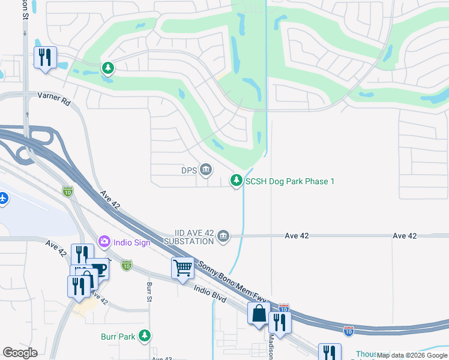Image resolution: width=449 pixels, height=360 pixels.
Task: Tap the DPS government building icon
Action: coord(206,170)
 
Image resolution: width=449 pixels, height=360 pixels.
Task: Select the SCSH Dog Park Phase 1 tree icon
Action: coord(237,180)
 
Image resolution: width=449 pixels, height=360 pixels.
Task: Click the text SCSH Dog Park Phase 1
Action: coord(289,181)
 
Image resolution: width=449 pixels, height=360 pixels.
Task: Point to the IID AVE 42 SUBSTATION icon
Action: coord(223,236)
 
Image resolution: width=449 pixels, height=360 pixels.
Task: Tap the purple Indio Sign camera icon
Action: coord(104,241)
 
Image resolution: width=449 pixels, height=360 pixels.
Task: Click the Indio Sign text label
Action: coord(130,241)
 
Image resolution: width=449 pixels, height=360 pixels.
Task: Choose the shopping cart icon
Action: coord(182,267)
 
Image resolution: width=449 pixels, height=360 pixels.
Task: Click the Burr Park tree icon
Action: coord(144,336)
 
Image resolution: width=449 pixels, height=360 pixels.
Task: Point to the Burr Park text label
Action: coord(118,337)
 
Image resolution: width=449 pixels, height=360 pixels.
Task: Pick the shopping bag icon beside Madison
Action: coord(259,313)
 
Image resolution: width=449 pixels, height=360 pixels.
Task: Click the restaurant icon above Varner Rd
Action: coord(45,57)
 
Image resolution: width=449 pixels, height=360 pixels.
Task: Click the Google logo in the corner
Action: coord(20,353)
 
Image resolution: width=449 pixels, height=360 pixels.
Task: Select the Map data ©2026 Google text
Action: coord(412,356)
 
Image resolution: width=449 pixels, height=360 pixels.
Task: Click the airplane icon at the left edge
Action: coord(2,197)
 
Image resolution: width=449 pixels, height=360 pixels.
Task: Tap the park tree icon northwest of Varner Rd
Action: coord(107,68)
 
